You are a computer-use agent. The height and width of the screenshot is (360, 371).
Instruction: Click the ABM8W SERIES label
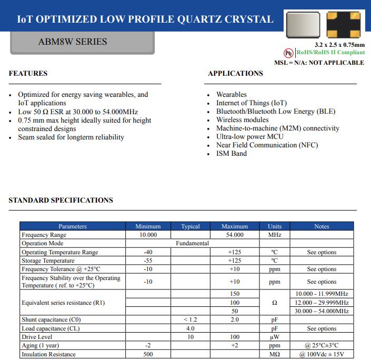click(x=73, y=42)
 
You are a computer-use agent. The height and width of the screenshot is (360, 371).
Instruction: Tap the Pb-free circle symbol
click(x=288, y=53)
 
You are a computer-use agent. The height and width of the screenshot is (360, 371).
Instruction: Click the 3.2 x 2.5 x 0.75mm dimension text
click(x=339, y=45)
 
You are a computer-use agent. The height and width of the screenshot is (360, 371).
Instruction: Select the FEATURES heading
click(x=28, y=74)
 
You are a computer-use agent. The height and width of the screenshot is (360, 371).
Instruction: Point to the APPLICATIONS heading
click(x=235, y=74)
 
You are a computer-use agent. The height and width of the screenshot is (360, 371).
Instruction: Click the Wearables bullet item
click(x=231, y=95)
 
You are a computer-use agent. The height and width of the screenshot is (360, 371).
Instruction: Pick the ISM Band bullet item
click(x=231, y=154)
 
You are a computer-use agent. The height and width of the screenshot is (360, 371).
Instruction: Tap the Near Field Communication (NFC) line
click(x=267, y=145)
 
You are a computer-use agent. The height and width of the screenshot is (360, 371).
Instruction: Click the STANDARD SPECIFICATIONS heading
click(x=61, y=201)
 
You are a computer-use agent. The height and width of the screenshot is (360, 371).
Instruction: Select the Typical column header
click(x=190, y=226)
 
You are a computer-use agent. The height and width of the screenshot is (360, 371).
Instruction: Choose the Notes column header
click(x=321, y=226)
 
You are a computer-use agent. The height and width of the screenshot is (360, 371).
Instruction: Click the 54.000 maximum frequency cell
click(x=234, y=235)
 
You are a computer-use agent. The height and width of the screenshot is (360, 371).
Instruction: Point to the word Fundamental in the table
click(x=192, y=243)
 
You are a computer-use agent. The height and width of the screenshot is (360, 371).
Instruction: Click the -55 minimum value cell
click(x=148, y=261)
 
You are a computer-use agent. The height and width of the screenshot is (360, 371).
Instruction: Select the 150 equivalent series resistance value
click(x=234, y=294)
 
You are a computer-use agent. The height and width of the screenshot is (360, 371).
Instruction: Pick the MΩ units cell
click(x=274, y=354)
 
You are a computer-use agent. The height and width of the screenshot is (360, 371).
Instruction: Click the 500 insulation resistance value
click(x=148, y=354)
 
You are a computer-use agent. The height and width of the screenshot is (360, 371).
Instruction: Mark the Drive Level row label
click(x=37, y=337)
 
